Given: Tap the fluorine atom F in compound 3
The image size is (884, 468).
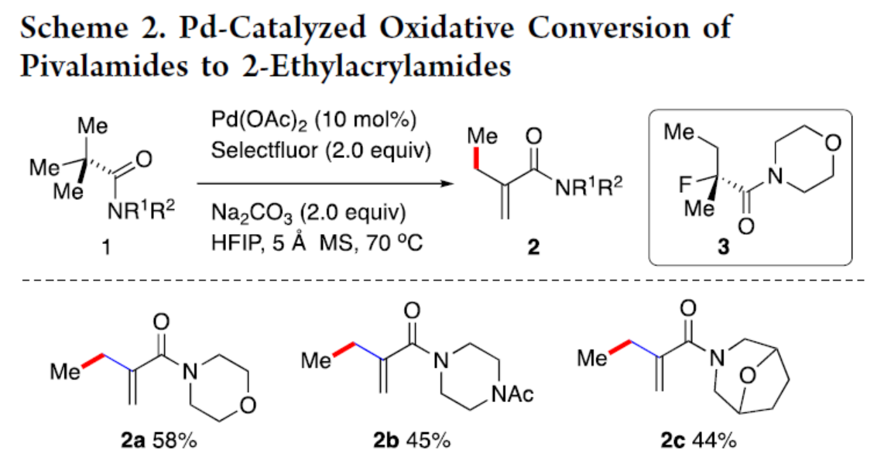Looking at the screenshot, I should pyautogui.click(x=680, y=184).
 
